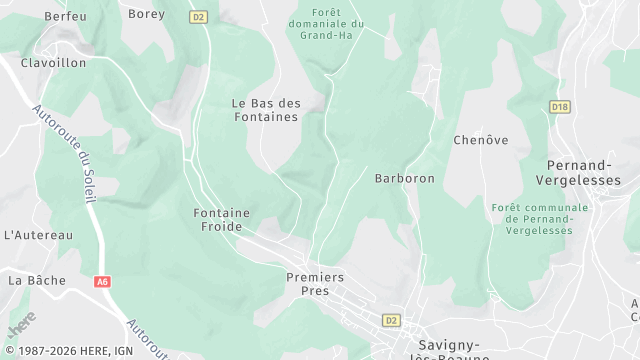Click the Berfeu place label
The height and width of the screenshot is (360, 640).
[66, 16]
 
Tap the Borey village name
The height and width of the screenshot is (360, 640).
[147, 14]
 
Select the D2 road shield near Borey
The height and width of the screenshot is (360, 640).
[198, 17]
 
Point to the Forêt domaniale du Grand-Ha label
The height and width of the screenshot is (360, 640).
[325, 22]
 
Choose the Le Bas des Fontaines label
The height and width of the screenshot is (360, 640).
[265, 110]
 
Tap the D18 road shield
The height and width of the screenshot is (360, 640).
[560, 106]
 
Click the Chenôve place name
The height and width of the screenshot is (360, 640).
[475, 140]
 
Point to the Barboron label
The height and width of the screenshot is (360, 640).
[404, 179]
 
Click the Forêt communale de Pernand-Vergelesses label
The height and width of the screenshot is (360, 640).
[539, 218]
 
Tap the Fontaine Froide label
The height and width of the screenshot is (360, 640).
[222, 220]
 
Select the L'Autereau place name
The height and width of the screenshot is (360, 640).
[39, 235]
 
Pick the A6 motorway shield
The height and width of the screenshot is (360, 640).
[102, 282]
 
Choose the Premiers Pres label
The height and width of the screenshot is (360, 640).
[315, 284]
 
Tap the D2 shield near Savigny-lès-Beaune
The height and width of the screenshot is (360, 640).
[391, 320]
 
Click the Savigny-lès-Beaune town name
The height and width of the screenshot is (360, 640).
[449, 345]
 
